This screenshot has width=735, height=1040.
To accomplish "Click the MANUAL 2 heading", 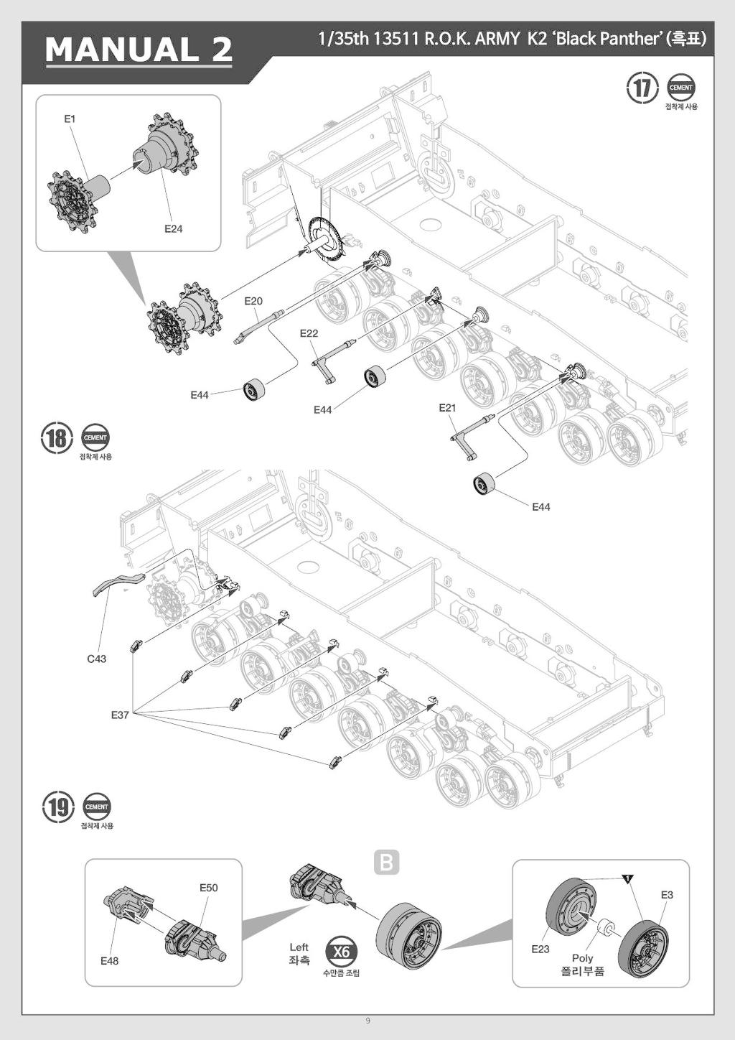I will [x=139, y=50].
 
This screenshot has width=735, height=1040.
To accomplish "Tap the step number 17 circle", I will [x=642, y=88].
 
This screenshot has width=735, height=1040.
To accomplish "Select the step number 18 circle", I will [x=57, y=437].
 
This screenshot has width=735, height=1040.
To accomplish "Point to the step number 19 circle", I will [x=58, y=807].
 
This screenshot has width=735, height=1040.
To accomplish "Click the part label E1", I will [x=70, y=119].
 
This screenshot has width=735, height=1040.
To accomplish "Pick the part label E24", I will [x=173, y=229].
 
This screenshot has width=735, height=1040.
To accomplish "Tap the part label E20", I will [x=253, y=302].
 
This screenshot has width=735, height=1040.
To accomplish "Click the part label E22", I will [x=309, y=333].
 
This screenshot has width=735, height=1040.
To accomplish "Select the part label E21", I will [x=447, y=408].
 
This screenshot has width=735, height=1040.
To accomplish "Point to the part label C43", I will [x=96, y=659].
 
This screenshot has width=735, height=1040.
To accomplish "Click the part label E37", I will [x=120, y=715].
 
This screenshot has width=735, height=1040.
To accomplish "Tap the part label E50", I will [x=208, y=888].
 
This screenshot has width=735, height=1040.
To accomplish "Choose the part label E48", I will [x=109, y=961].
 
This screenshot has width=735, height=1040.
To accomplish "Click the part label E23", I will [x=540, y=950].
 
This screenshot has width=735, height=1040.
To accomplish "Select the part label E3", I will [x=667, y=895].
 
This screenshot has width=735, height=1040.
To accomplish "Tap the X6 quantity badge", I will [x=341, y=952].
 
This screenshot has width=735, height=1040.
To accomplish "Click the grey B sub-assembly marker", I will [x=387, y=862].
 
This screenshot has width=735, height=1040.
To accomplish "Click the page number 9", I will [x=367, y=1021].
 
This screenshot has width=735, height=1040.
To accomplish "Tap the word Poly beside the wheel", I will [x=582, y=958].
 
